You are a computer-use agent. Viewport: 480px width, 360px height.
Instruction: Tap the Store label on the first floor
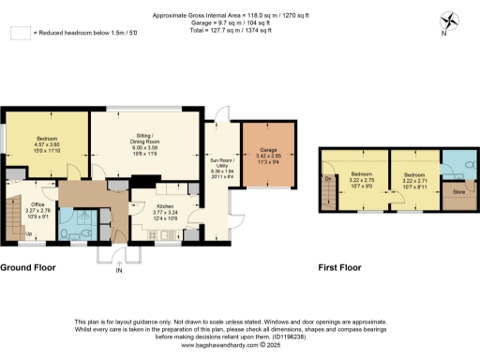pyautogui.click(x=458, y=192)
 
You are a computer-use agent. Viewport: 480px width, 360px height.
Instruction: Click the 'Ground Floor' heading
pyautogui.click(x=28, y=267)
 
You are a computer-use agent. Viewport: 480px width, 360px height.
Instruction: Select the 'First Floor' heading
pyautogui.click(x=338, y=267)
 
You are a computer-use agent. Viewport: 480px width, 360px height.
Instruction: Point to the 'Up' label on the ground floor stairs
pyautogui.click(x=29, y=233)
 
